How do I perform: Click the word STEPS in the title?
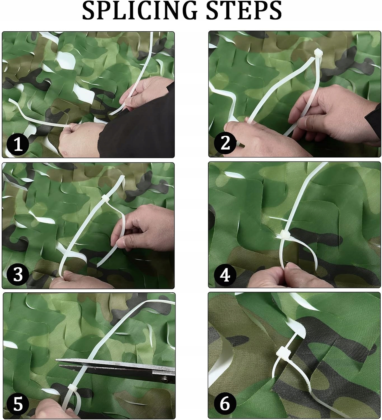coord(244,10)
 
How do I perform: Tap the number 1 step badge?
coord(18,145)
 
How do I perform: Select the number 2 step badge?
coord(225,143)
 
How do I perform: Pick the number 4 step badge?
coord(225,276)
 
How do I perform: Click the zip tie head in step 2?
coord(318,53)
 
